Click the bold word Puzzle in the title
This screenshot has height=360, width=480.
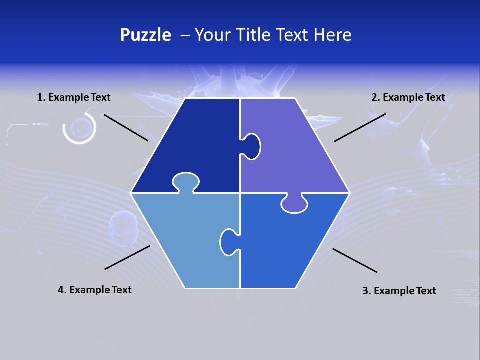click(145, 35)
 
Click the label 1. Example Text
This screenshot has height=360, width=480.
click(74, 97)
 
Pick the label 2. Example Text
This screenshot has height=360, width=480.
click(408, 97)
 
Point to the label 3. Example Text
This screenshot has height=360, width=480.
click(399, 291)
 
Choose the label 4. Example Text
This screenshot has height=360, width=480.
click(95, 290)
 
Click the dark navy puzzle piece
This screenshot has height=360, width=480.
click(195, 145)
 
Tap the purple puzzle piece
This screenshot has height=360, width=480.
click(295, 155)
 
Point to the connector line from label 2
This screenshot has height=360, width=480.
click(360, 127)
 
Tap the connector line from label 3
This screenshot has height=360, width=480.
click(355, 260)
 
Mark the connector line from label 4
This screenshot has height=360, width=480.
click(127, 257)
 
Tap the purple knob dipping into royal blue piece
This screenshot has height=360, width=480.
click(294, 204)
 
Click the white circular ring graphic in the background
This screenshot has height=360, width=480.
click(79, 128)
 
